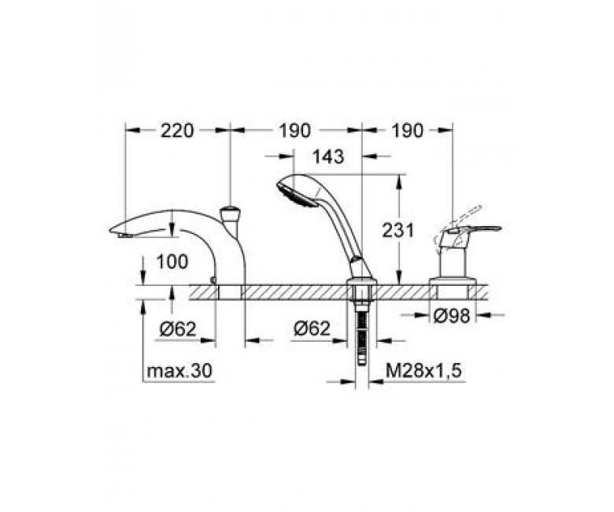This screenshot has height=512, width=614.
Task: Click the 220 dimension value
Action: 177,131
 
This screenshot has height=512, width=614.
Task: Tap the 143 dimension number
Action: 328,157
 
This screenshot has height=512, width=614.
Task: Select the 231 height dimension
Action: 398,230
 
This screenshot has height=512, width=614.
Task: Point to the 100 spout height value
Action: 172,262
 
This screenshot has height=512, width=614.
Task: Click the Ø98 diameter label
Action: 452,315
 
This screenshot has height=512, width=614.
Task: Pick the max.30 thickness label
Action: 179,369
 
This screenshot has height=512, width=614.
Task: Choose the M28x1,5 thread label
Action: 424,369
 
